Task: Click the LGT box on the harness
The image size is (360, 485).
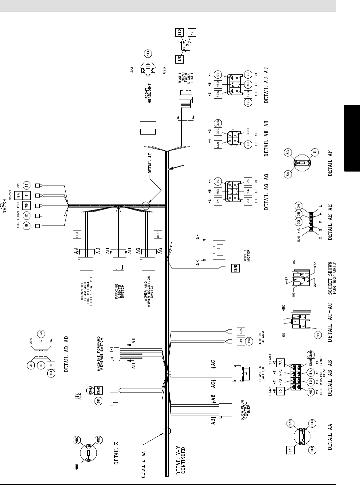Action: click(x=75, y=235)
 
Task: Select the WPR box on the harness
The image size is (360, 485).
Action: click(x=159, y=235)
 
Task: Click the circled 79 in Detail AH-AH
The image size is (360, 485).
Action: click(x=247, y=146)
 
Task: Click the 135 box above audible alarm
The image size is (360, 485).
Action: click(x=240, y=331)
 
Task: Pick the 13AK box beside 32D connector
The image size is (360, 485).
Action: click(x=179, y=59)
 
